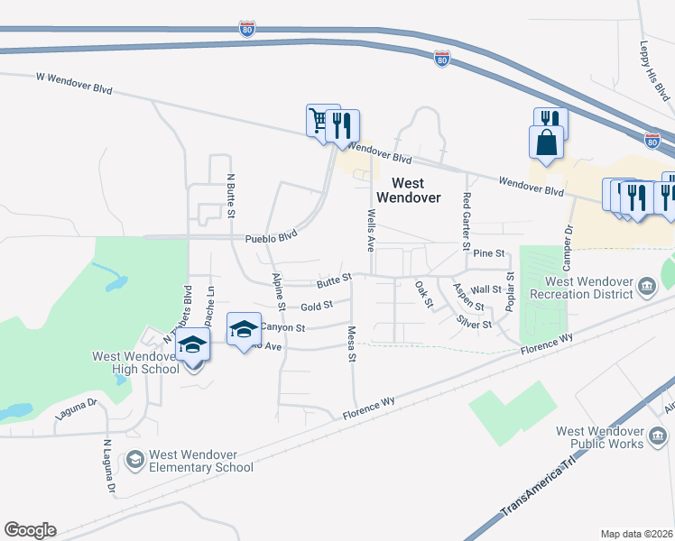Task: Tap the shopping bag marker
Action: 546,142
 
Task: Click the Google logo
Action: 30,530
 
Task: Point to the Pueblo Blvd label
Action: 271,240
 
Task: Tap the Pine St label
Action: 487,255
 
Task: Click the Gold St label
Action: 317,306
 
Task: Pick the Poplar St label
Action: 510,292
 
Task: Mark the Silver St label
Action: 474,323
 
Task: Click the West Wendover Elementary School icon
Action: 134,461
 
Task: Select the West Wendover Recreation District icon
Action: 647,288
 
